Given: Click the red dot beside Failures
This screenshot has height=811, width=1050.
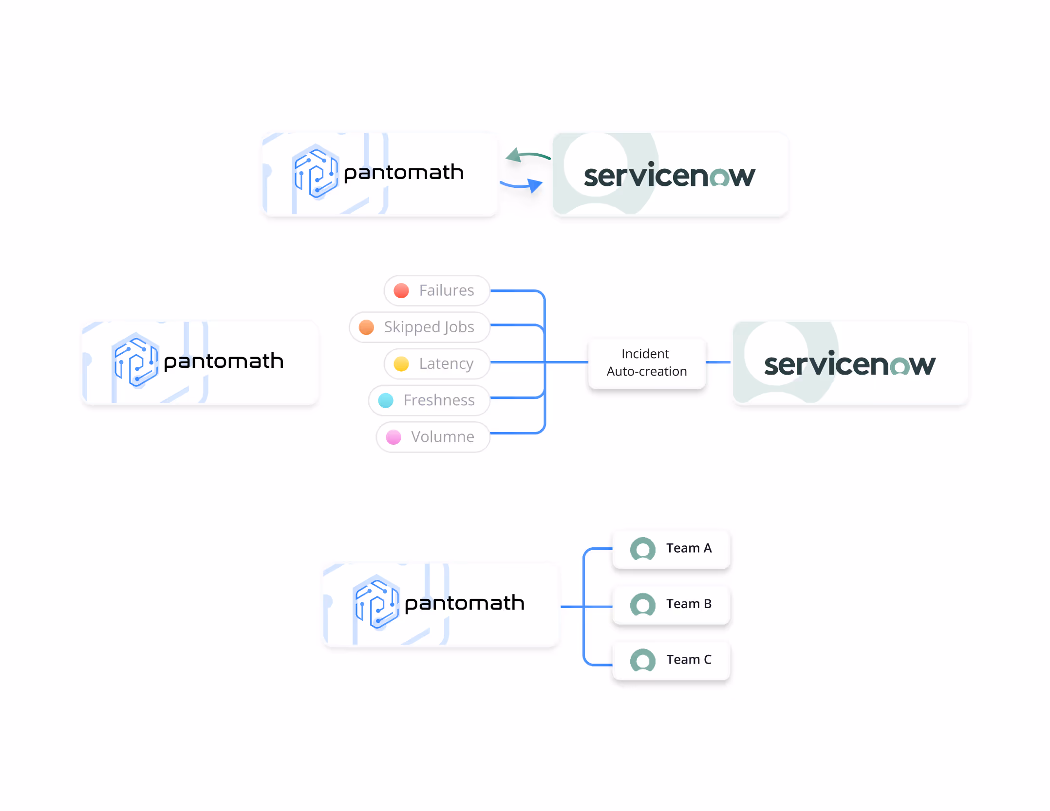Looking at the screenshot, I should [x=401, y=291].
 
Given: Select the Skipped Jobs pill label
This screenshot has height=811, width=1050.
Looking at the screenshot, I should [x=429, y=327].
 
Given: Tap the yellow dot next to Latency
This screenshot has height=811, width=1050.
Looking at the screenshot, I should [x=401, y=364].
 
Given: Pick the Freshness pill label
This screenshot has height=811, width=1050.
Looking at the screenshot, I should [x=439, y=400].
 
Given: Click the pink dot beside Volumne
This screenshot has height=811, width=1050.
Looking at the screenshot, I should [x=394, y=437].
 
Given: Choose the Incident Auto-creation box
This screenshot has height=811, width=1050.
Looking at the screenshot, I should [x=646, y=363].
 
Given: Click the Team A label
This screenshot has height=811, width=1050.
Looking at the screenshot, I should [x=689, y=548].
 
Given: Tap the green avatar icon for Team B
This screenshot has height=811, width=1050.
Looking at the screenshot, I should [x=642, y=605].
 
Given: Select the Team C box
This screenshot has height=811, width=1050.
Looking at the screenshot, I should [x=671, y=660].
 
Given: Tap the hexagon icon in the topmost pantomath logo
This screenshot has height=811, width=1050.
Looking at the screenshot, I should [x=316, y=172].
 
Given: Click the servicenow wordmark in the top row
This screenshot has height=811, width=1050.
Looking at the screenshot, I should [x=669, y=176].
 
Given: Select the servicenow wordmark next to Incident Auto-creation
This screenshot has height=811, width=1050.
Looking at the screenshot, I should [x=849, y=364].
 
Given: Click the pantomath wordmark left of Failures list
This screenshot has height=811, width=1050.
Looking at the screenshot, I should [x=224, y=361].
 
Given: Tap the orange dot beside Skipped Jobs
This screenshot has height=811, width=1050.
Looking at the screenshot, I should [x=366, y=327].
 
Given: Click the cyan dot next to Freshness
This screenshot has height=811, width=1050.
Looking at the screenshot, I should [x=386, y=401].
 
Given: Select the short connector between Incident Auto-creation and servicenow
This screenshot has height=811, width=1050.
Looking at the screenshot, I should [x=718, y=362].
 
